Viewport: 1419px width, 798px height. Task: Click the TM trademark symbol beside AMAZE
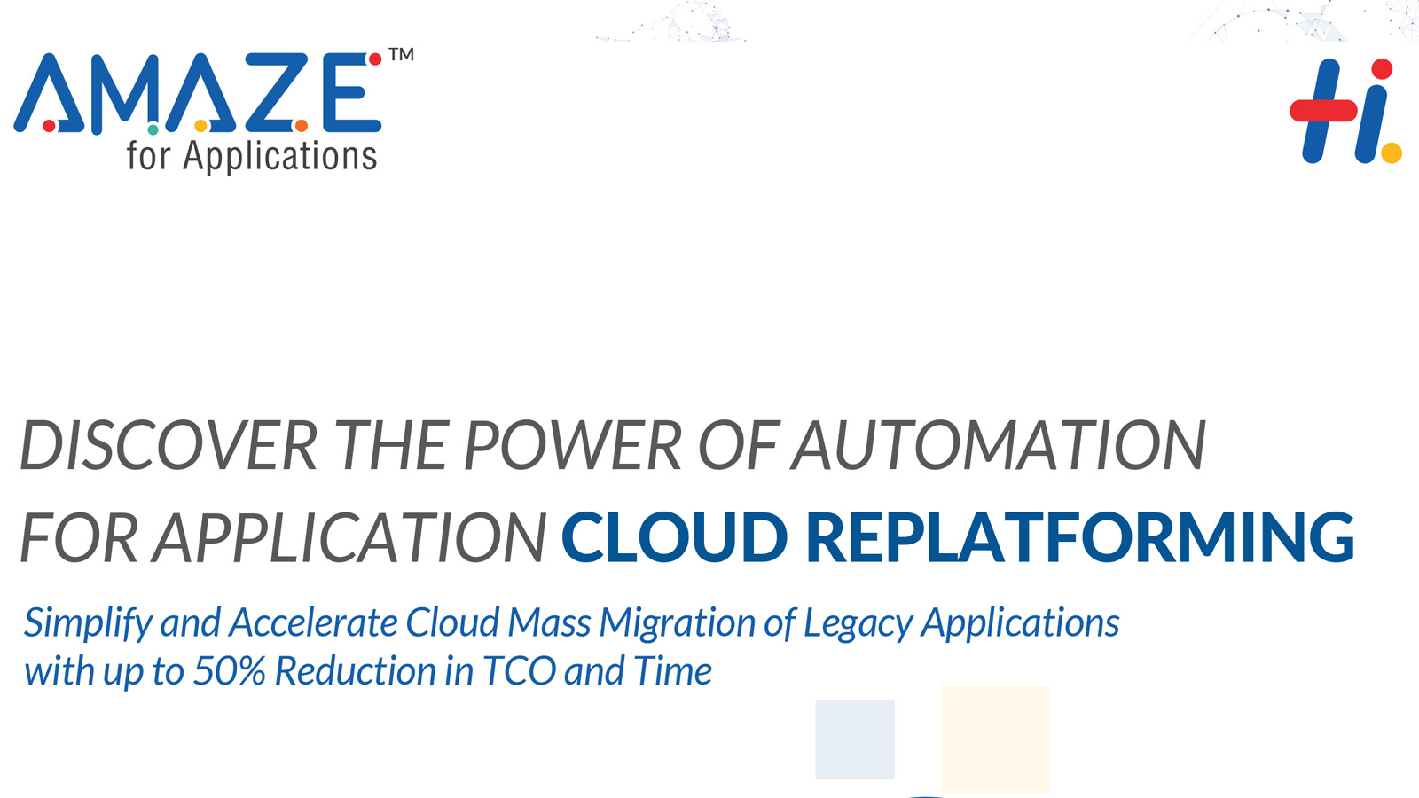coord(402,54)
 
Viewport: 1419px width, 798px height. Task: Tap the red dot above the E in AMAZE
coord(375,59)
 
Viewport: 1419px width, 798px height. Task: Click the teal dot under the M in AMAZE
coord(153,129)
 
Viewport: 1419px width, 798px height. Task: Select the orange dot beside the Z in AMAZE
coord(302,125)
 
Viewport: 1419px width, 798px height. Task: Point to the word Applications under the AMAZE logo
coord(280,156)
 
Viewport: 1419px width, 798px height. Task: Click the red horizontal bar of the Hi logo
coord(1323,111)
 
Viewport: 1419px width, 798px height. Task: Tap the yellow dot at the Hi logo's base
coord(1392,153)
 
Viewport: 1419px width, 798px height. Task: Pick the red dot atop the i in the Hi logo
coord(1382,69)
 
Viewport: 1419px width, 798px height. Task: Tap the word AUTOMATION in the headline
coord(999,445)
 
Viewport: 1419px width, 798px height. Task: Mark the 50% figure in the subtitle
coord(230,670)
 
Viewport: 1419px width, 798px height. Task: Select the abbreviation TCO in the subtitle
coord(520,670)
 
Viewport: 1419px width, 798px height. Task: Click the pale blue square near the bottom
coord(855,739)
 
